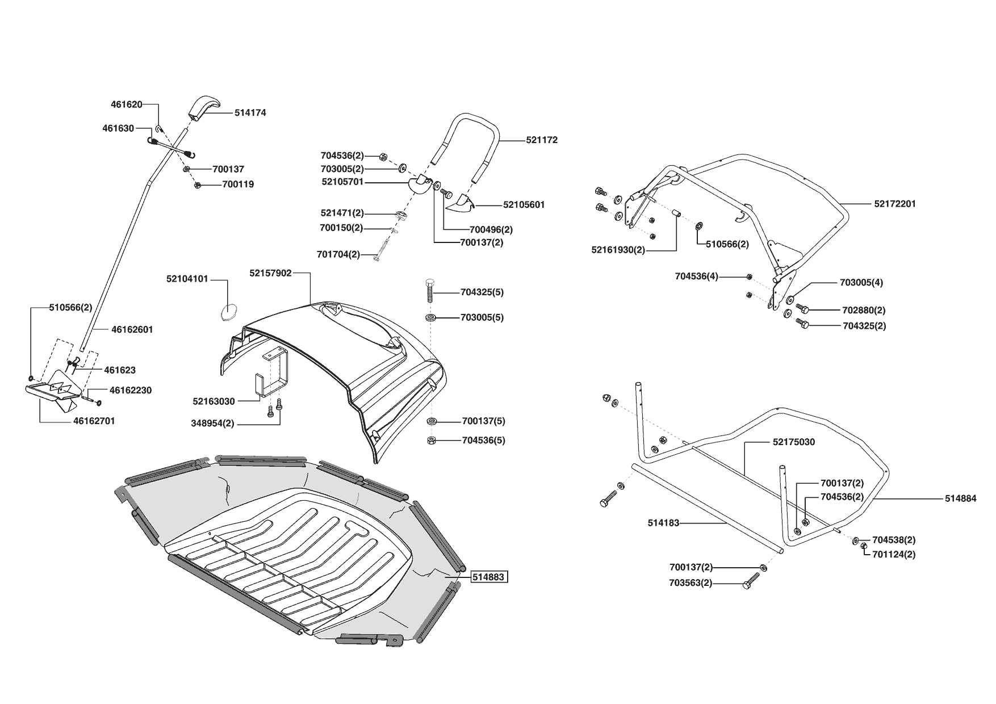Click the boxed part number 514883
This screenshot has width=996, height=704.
489,577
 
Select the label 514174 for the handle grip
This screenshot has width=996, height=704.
250,113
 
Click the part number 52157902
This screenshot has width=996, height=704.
270,273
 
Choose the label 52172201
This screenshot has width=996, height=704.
895,204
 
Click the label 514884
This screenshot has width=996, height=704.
960,498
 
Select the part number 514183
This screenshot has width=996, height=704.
663,523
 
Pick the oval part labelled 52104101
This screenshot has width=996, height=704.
228,312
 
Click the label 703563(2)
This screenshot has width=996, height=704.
690,583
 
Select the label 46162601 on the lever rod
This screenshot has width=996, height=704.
132,329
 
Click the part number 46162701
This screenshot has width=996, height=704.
94,421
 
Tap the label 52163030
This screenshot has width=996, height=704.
214,401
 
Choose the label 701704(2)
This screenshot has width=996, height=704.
338,254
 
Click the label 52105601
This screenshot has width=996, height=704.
524,204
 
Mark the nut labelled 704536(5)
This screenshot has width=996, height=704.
430,441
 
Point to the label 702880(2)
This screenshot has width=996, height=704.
864,311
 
